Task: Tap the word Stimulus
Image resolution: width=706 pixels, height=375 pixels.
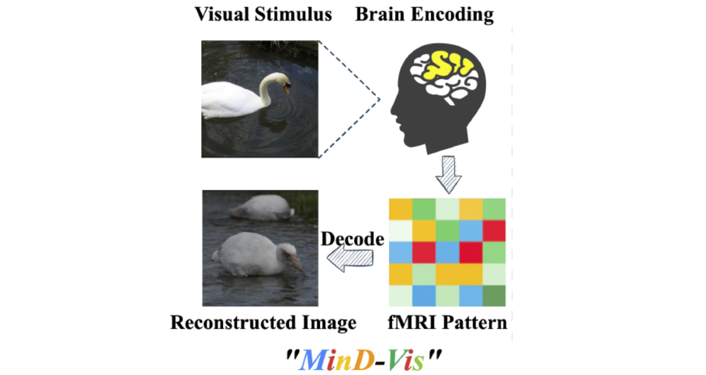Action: (293, 14)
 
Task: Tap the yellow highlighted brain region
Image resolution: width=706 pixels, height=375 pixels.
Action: (447, 66)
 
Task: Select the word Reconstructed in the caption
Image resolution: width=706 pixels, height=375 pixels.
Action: (233, 323)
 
